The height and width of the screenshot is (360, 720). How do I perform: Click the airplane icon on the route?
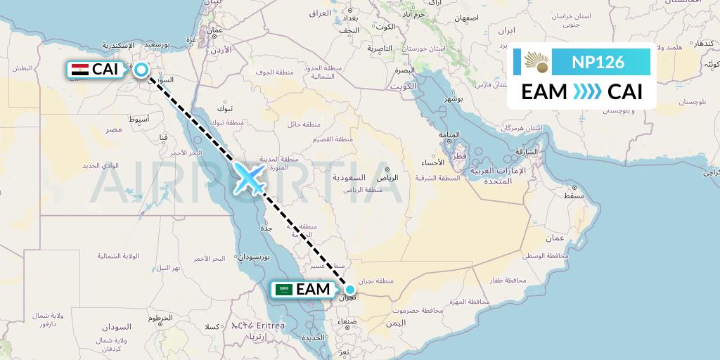click(248, 178)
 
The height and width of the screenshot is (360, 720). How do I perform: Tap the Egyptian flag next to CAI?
click(80, 70)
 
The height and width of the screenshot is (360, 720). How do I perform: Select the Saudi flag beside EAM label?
click(284, 290)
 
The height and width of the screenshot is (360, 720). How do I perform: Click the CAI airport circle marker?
click(142, 70)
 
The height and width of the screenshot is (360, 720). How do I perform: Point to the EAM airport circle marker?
click(349, 288)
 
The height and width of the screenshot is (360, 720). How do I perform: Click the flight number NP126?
click(598, 62)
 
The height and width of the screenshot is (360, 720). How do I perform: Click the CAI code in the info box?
click(625, 92)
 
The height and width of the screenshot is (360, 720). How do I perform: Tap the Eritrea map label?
click(271, 326)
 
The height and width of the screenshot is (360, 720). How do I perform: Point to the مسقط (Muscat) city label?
click(574, 195)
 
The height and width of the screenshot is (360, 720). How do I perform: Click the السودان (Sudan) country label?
click(116, 328)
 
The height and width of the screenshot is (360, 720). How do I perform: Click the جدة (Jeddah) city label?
click(266, 229)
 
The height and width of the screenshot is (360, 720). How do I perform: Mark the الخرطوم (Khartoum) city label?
click(160, 318)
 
